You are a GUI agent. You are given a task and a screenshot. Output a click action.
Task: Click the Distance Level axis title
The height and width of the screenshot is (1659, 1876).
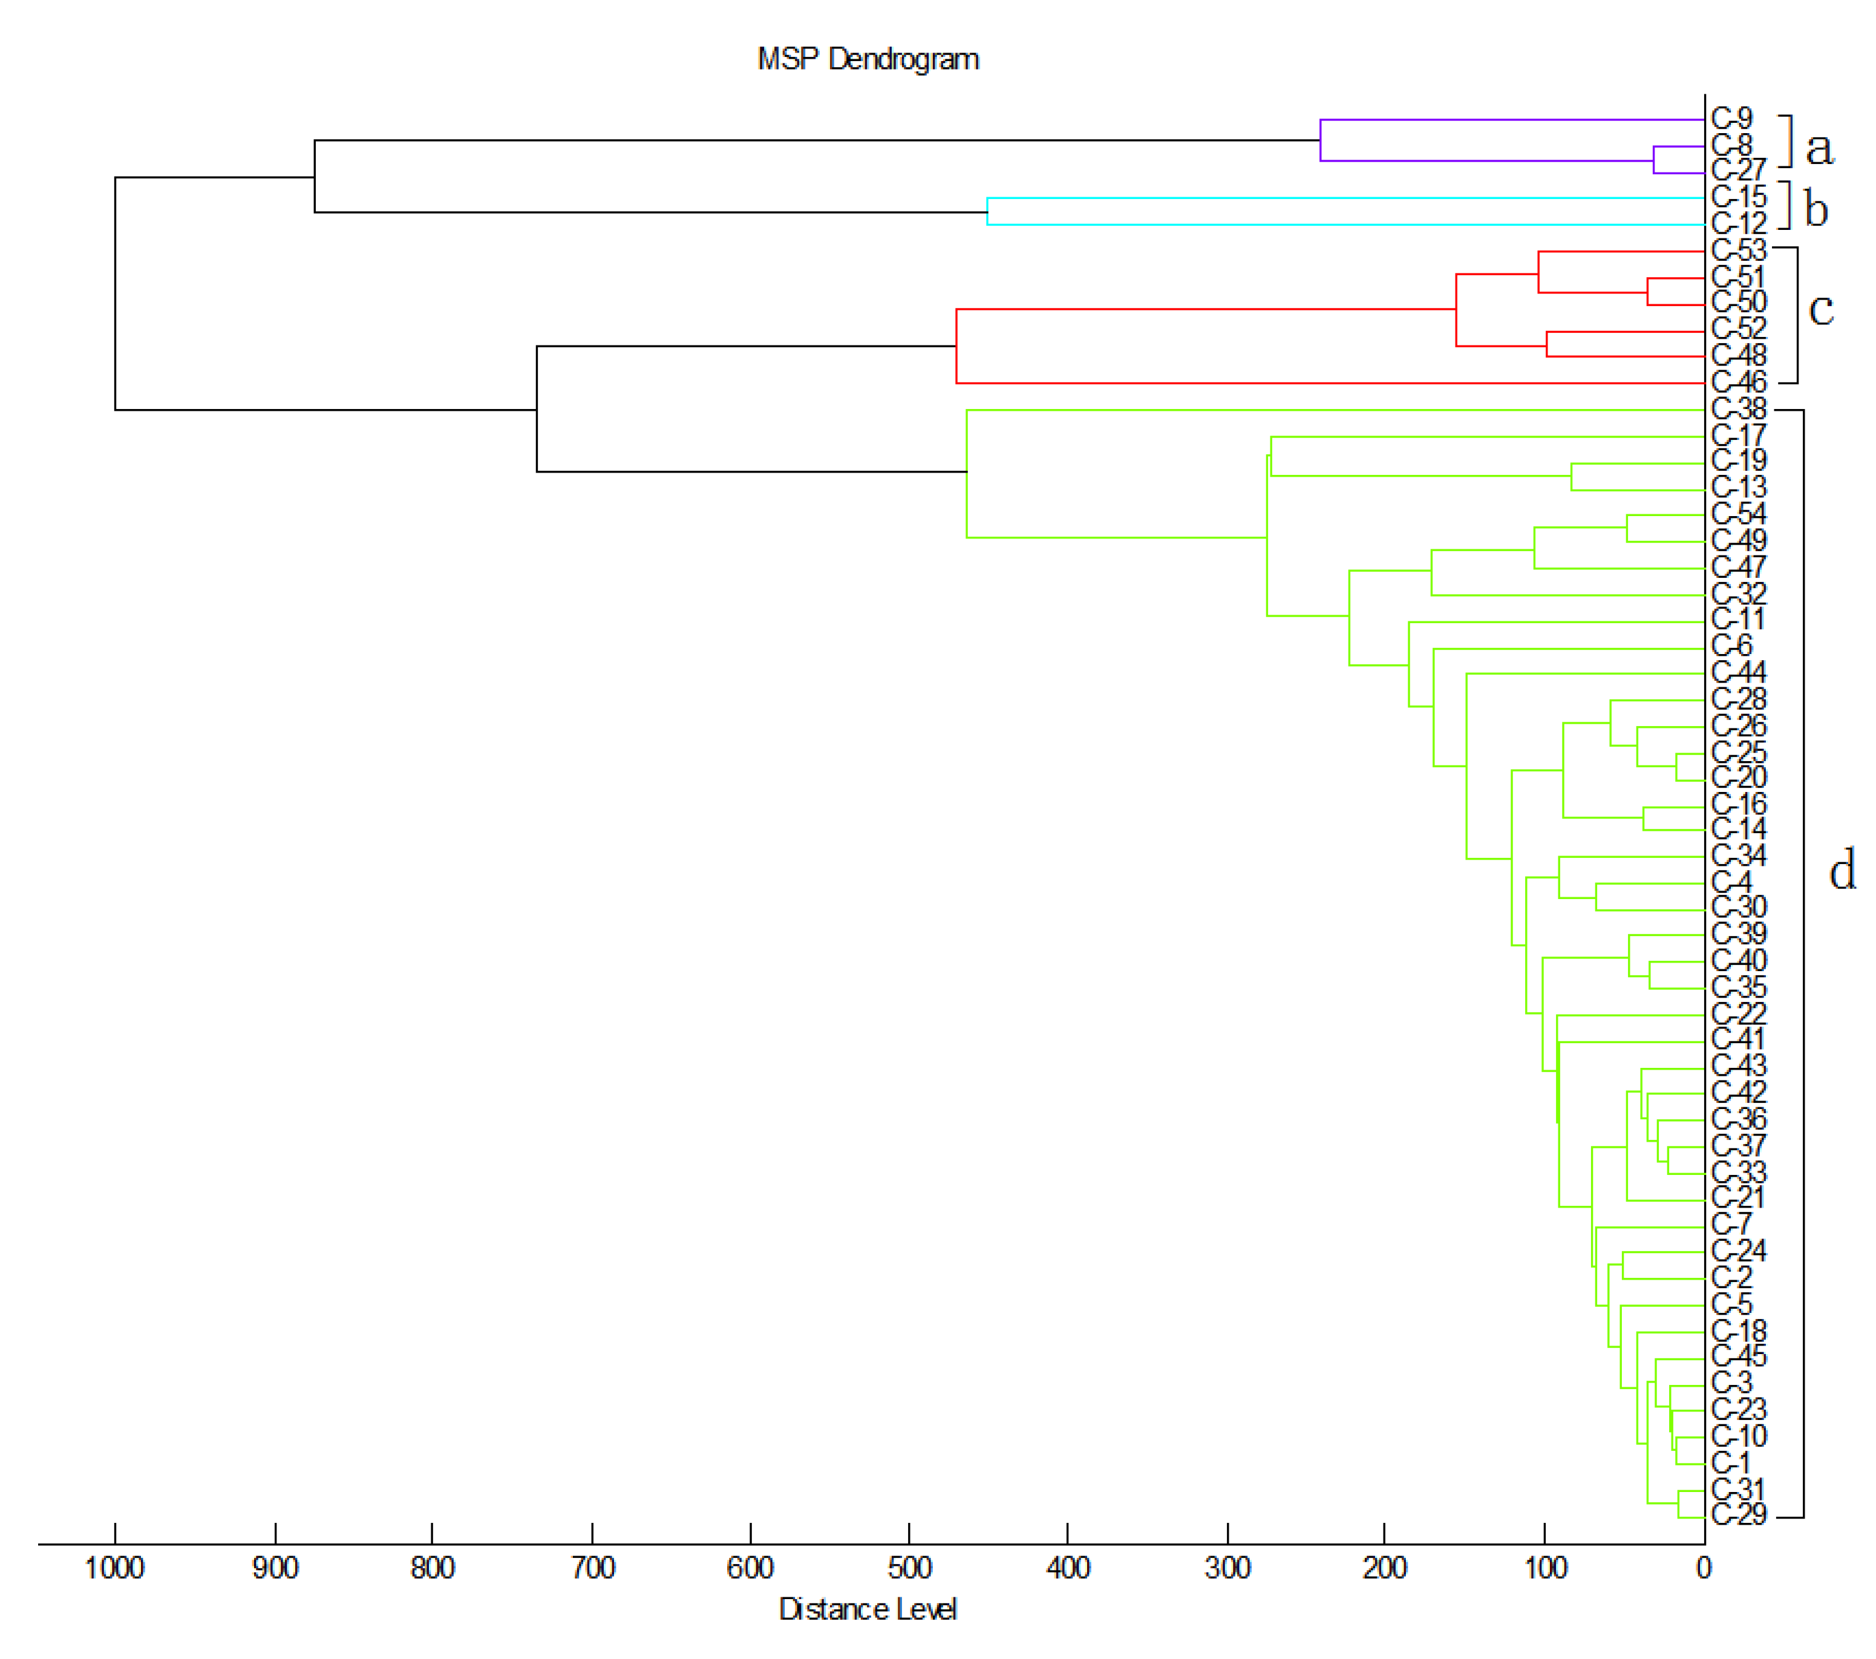(x=868, y=1609)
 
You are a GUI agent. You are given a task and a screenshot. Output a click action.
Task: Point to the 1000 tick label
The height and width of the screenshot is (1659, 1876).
(x=115, y=1568)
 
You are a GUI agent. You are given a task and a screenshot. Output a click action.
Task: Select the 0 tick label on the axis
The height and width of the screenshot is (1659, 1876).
(x=1704, y=1568)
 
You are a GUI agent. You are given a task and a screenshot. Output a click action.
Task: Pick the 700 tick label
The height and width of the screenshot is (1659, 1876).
(x=592, y=1568)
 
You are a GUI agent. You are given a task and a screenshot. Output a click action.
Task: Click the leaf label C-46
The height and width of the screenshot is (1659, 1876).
(x=1737, y=382)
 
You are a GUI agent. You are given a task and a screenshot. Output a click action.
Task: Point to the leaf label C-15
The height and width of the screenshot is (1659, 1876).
(x=1737, y=197)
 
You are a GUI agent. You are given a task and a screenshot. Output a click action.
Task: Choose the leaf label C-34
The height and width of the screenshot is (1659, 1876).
(x=1737, y=856)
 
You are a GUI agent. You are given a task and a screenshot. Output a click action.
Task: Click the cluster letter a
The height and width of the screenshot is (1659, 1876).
(x=1819, y=149)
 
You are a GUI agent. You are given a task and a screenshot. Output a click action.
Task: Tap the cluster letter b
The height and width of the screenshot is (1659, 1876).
(x=1816, y=209)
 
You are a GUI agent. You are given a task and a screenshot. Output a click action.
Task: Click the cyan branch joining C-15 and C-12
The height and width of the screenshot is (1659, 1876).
(x=987, y=211)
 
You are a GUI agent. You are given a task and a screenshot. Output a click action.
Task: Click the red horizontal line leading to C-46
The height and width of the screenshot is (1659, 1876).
(x=1331, y=383)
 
